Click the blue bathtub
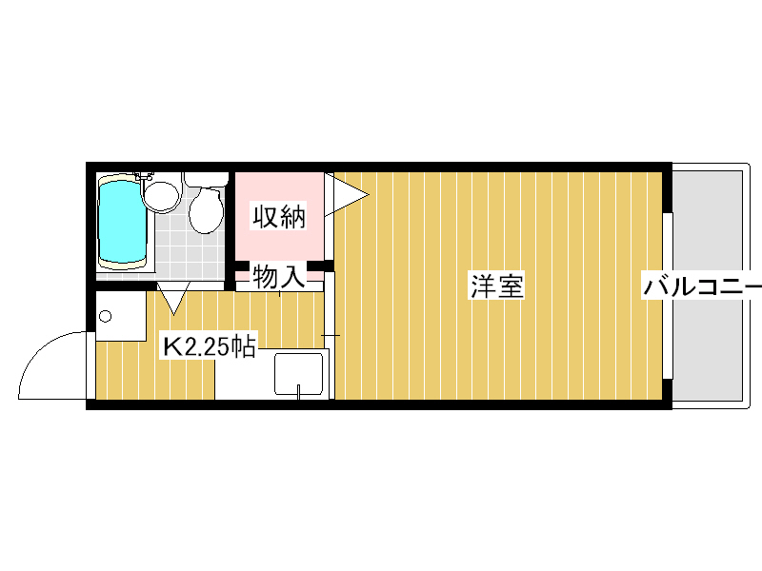pyautogui.click(x=123, y=220)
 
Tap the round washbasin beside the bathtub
pyautogui.click(x=161, y=194)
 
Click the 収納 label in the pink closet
pyautogui.click(x=278, y=217)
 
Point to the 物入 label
pyautogui.click(x=278, y=278)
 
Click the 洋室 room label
pyautogui.click(x=497, y=285)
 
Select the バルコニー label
pyautogui.click(x=702, y=285)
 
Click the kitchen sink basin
pyautogui.click(x=299, y=374)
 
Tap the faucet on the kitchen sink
pyautogui.click(x=299, y=390)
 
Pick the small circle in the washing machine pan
pyautogui.click(x=105, y=315)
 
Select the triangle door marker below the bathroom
pyautogui.click(x=173, y=298)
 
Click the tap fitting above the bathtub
pyautogui.click(x=145, y=176)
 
